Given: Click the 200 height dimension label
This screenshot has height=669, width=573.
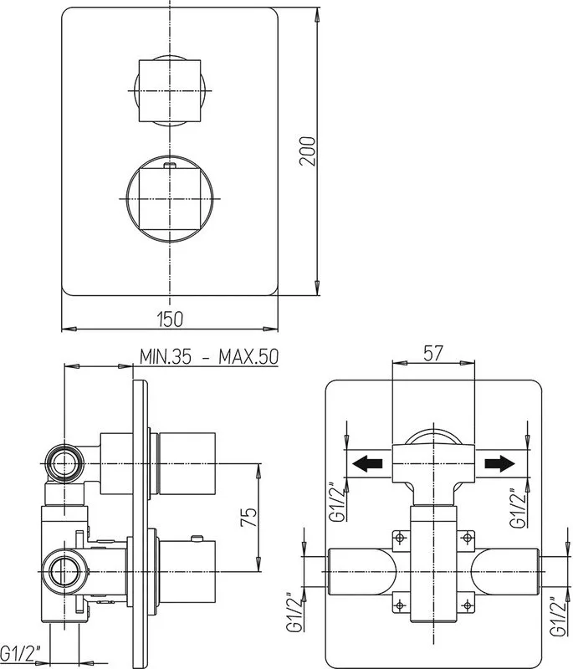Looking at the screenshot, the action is (x=308, y=151).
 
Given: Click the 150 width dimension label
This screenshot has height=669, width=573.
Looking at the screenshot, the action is (x=171, y=319).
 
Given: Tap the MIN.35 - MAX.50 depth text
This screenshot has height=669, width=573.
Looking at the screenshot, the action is (x=209, y=357).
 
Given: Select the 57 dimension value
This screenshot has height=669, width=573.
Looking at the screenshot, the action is (x=433, y=353).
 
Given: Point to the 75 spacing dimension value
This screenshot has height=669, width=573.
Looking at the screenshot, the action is (x=249, y=517).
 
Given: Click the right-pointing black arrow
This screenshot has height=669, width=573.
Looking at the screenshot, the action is (x=499, y=463).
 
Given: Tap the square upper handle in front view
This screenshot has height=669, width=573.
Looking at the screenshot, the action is (x=170, y=90).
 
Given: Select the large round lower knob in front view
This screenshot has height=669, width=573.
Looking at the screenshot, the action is (x=170, y=199).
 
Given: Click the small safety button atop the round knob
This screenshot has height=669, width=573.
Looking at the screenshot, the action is (x=170, y=165).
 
